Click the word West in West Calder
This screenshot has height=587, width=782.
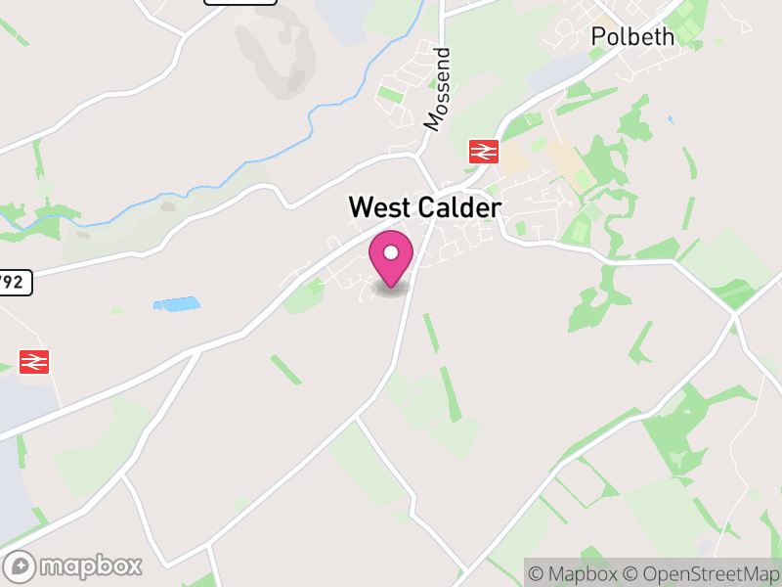[x=381, y=207]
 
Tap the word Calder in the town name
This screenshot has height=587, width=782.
[x=458, y=207]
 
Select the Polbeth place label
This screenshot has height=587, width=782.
[x=632, y=36]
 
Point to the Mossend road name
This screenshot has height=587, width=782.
[x=436, y=89]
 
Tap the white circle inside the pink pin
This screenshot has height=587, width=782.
[x=391, y=252]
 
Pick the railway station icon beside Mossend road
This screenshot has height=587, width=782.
[x=484, y=151]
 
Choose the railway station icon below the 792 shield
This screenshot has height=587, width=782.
[x=34, y=361]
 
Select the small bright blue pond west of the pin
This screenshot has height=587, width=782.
[x=177, y=304]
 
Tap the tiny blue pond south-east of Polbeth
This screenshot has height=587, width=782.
[x=671, y=119]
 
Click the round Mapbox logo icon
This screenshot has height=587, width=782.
[x=22, y=565]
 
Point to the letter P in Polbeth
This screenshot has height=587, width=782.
[x=598, y=36]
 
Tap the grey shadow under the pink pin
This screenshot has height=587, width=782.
[x=391, y=290]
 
